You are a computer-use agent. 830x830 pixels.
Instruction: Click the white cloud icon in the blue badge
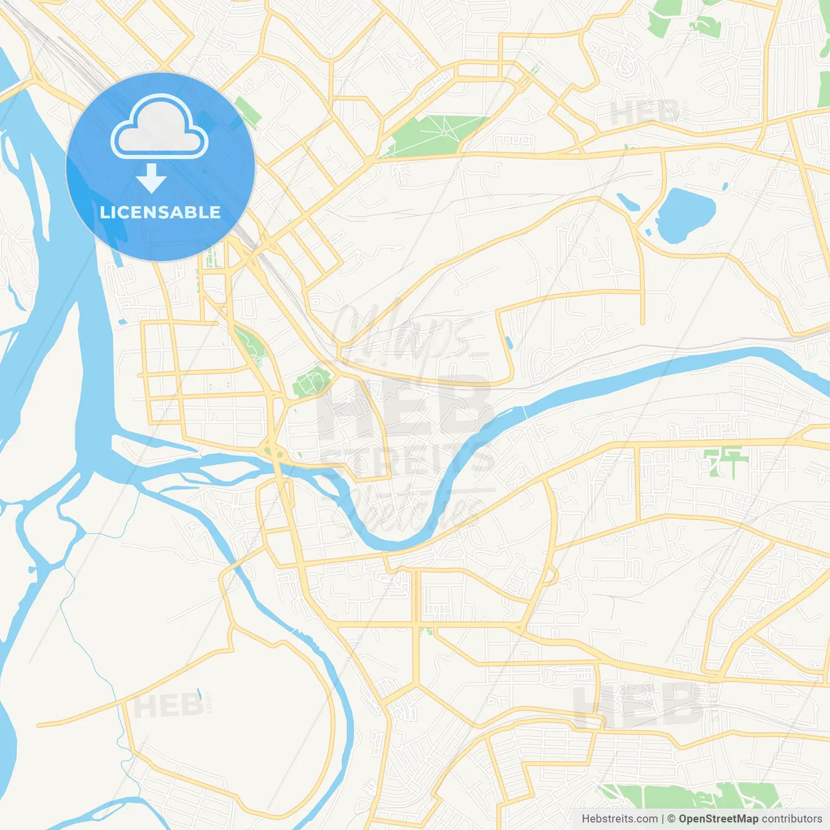click(160, 127)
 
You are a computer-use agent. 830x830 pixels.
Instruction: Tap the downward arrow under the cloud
click(151, 178)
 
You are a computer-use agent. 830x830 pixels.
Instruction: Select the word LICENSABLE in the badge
click(160, 212)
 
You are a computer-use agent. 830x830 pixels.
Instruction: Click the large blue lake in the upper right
click(685, 213)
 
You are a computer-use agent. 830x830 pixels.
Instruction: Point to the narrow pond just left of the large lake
click(628, 202)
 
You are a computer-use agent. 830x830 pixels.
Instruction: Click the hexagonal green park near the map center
click(313, 381)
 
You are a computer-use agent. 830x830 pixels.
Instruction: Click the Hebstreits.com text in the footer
click(619, 819)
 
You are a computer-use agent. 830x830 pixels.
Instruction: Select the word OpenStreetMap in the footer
click(718, 819)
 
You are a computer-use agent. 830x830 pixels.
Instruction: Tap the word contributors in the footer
click(792, 819)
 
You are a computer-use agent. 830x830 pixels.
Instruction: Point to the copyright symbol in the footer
click(671, 819)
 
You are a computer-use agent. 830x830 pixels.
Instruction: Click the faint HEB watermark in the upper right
click(644, 113)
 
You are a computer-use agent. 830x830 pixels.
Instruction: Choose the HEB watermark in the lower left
click(168, 705)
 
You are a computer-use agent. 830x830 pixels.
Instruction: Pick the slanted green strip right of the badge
click(248, 111)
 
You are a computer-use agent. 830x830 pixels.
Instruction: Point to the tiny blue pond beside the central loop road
click(508, 342)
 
